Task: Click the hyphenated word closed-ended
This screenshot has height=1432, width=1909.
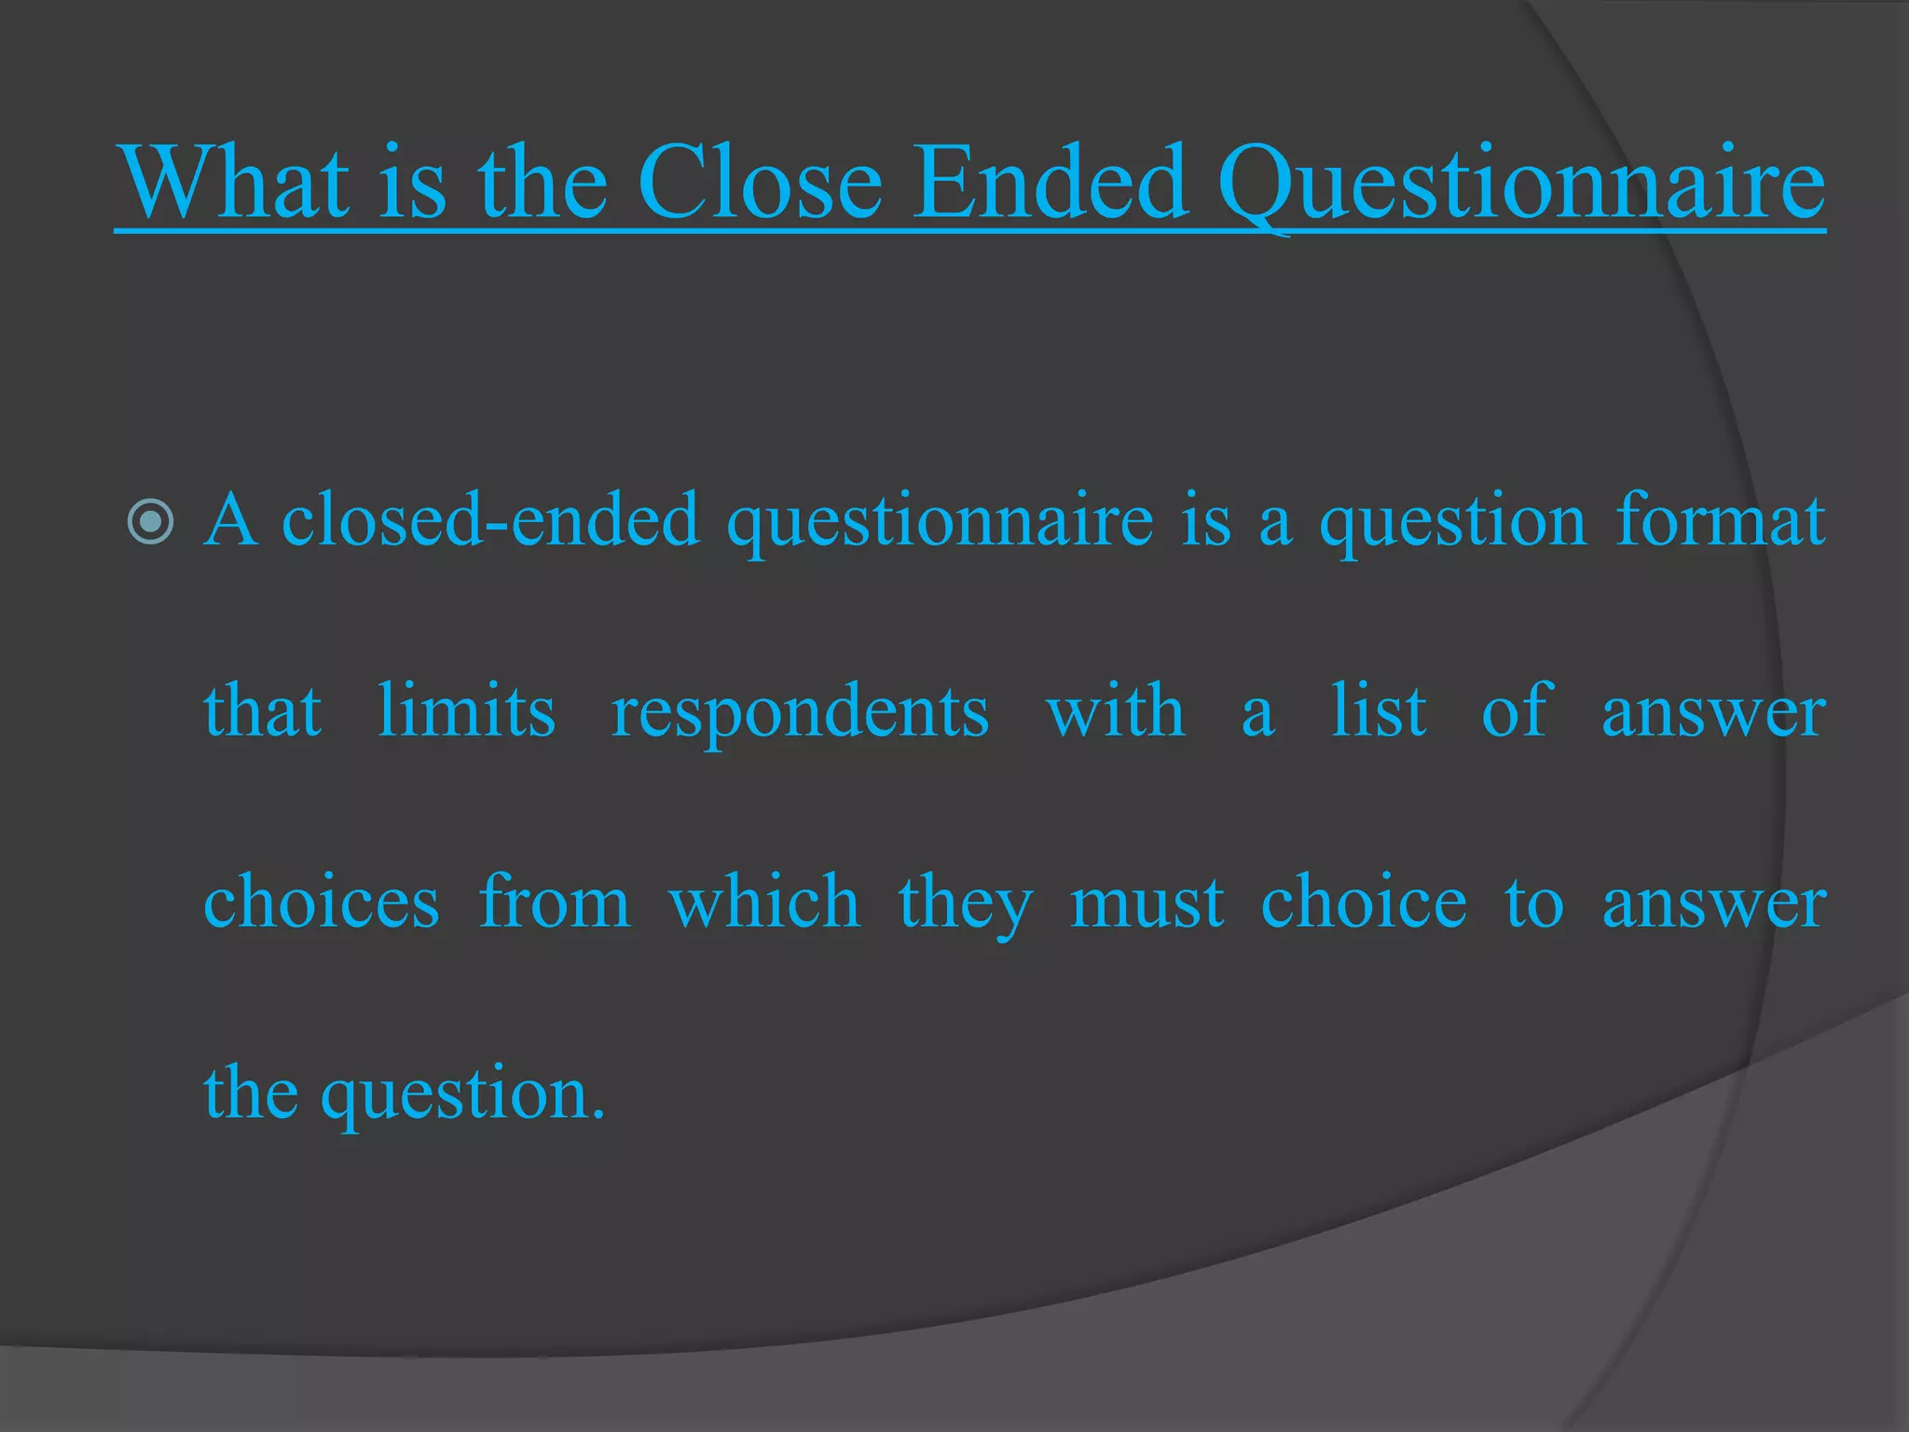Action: click(x=490, y=520)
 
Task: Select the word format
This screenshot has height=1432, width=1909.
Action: click(x=1720, y=520)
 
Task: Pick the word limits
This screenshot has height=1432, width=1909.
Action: click(x=466, y=711)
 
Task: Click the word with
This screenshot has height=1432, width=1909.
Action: click(x=1115, y=711)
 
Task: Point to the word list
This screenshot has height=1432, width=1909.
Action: click(x=1379, y=711)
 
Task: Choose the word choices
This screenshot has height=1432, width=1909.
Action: click(x=322, y=902)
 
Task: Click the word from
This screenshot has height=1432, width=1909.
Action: click(x=555, y=902)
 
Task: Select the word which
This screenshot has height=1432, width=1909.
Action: click(x=764, y=902)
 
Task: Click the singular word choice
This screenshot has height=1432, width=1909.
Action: click(x=1364, y=902)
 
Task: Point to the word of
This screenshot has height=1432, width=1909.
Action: click(x=1517, y=711)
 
